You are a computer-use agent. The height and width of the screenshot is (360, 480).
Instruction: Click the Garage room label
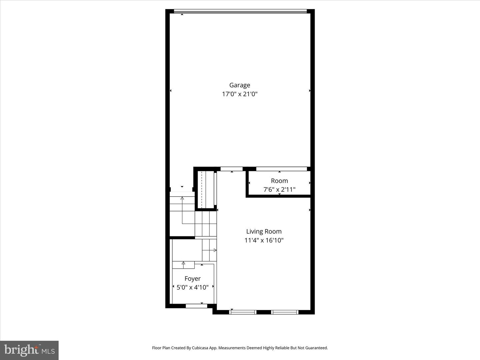[239, 85]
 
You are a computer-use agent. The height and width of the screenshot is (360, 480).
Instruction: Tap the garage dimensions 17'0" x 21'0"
[240, 94]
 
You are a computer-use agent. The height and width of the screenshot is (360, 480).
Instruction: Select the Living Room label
[264, 231]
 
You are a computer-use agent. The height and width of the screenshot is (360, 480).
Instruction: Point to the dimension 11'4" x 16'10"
[264, 240]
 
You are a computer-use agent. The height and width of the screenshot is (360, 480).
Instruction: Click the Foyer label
[192, 279]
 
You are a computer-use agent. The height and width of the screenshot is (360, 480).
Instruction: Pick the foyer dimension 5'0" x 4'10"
[192, 287]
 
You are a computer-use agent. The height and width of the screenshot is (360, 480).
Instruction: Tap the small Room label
[279, 181]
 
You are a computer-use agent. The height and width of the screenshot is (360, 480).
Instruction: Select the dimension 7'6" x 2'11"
[279, 190]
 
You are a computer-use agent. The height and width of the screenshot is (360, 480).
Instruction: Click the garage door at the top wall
[240, 12]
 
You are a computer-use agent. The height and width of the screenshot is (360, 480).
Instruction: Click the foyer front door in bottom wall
[196, 306]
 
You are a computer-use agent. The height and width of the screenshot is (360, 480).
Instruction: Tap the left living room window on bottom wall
[243, 312]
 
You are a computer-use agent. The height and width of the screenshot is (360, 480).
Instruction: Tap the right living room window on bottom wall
[284, 312]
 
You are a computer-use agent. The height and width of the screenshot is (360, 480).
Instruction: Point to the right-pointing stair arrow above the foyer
[215, 250]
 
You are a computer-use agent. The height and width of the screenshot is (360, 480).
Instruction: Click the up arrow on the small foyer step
[183, 263]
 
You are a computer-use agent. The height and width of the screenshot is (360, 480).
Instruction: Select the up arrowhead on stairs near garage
[182, 198]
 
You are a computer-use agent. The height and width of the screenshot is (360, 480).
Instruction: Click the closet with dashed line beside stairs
[205, 189]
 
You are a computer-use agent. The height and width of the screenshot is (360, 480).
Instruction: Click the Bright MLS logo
[29, 350]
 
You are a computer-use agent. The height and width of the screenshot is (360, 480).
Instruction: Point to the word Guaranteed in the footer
[317, 348]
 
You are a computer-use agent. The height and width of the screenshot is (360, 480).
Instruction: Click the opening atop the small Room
[281, 169]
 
